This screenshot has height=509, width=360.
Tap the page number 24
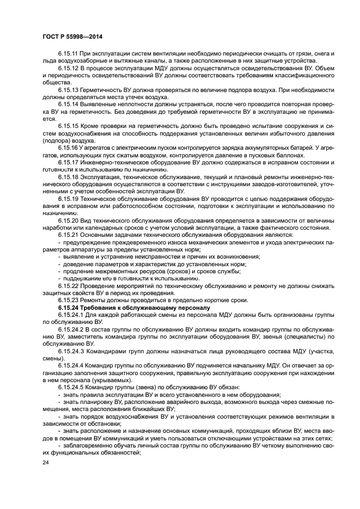[x=46, y=462]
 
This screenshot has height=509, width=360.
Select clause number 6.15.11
[x=69, y=53]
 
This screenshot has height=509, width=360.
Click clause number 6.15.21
[x=69, y=234]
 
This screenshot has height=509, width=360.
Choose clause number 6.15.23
[x=69, y=300]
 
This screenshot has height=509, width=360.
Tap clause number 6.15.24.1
[x=71, y=315]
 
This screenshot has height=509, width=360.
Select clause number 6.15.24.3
[x=71, y=351]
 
